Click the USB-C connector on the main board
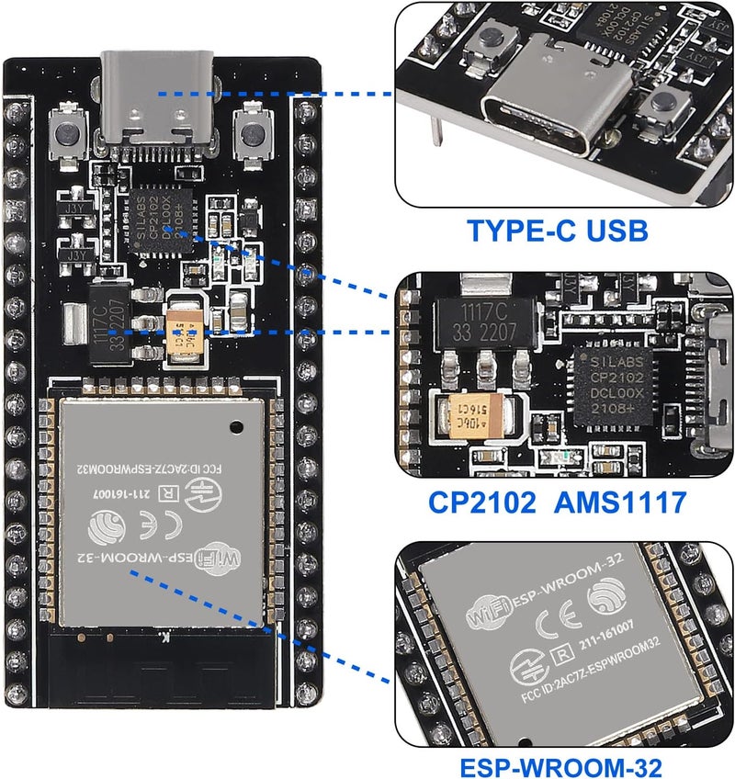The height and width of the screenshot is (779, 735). tap(158, 109)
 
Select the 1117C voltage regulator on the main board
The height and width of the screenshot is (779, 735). tap(108, 321)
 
